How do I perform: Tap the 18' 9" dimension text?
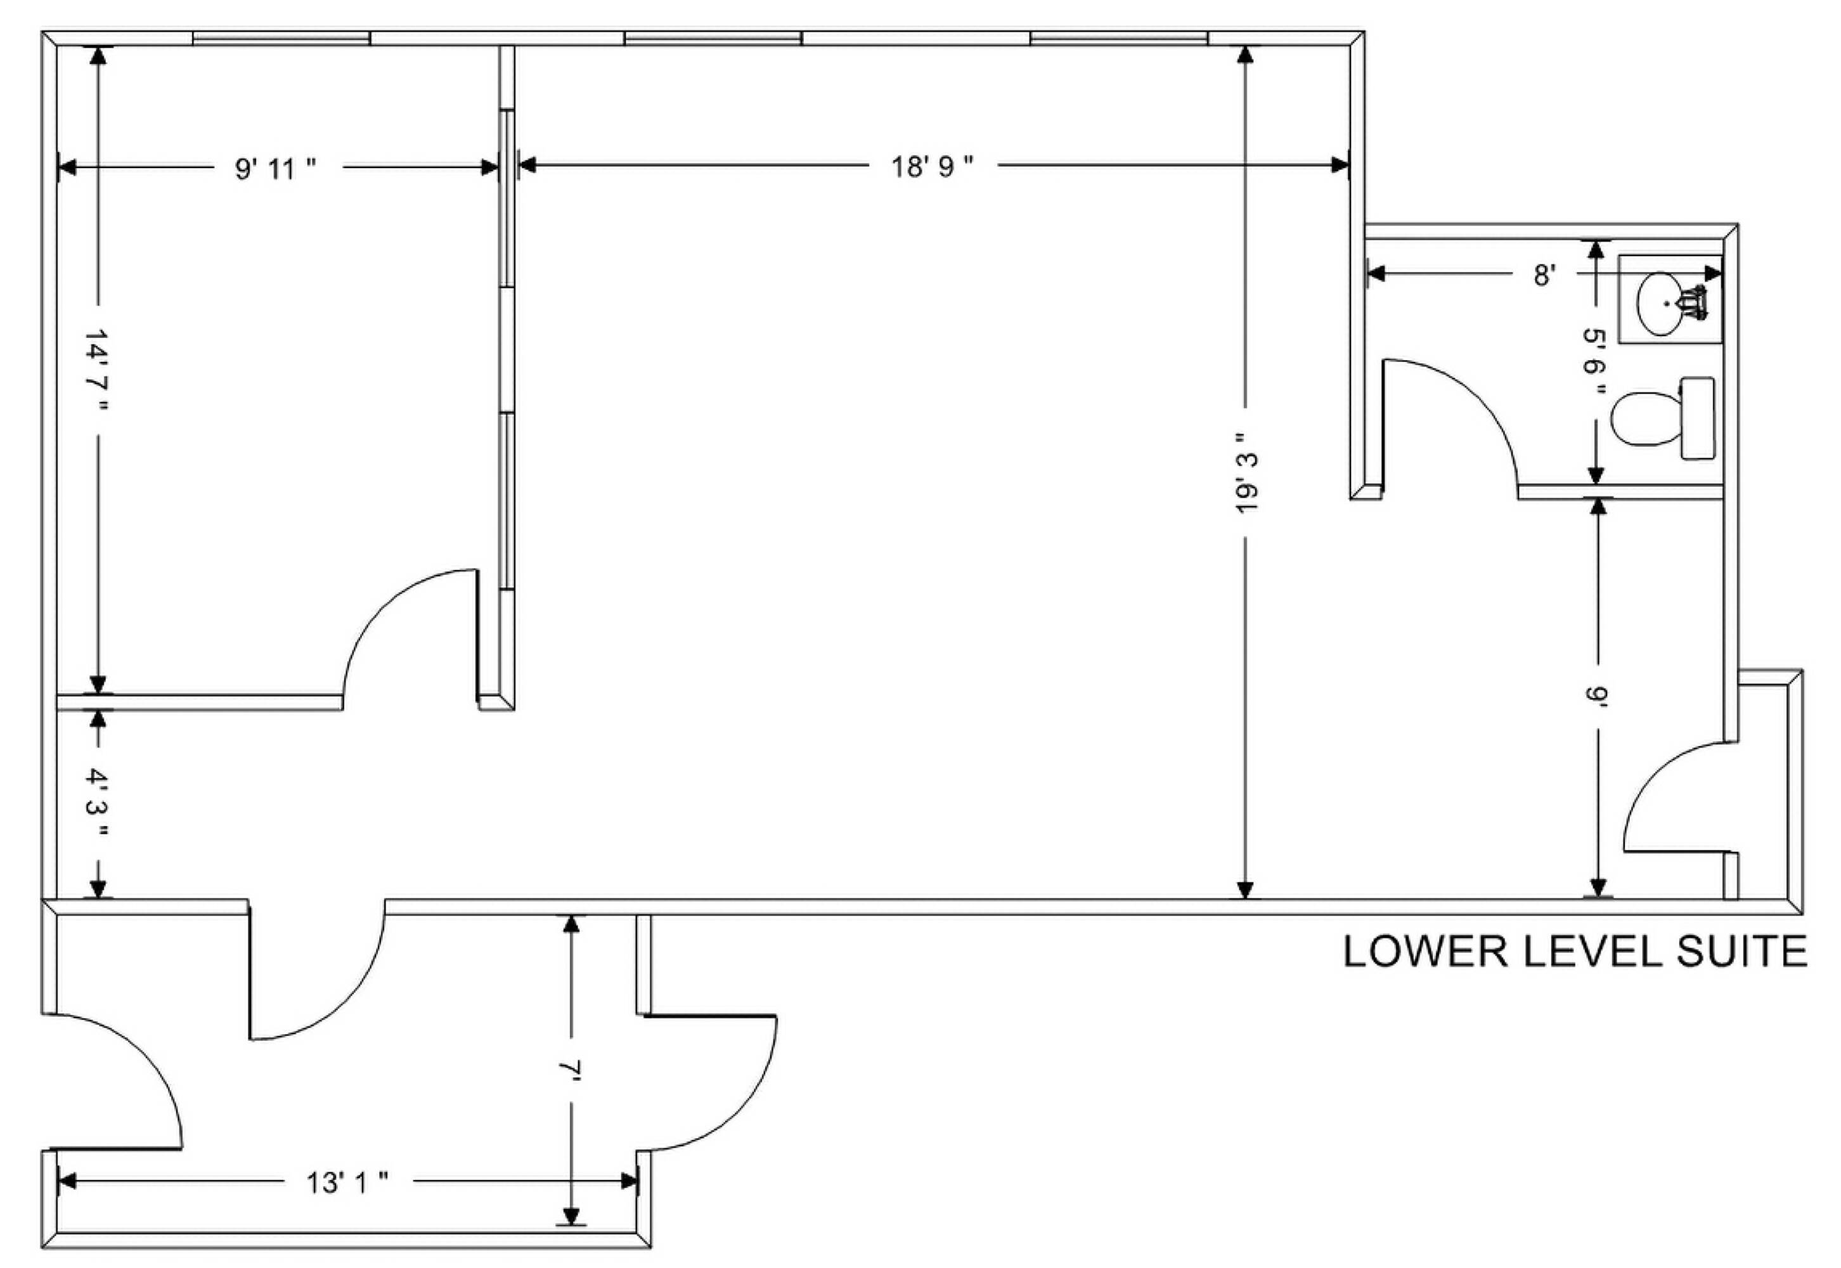click(x=932, y=166)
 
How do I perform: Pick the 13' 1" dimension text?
click(x=347, y=1183)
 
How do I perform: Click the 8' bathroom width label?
click(x=1543, y=275)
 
